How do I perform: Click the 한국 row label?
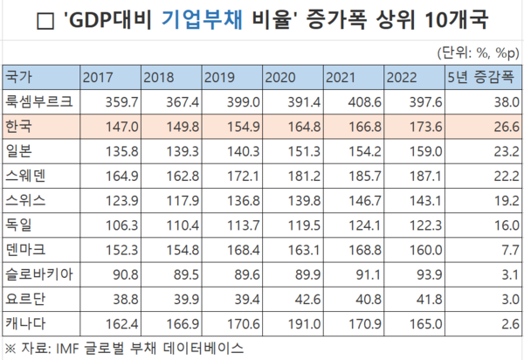17,128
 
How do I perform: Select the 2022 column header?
401,77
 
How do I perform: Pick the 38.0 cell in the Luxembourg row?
494,102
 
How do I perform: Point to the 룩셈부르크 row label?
37,102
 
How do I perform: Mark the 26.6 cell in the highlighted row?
494,128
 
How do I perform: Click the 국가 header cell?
17,77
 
